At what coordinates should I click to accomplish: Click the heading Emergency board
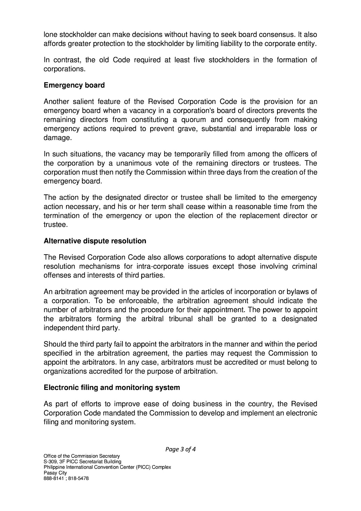(74, 85)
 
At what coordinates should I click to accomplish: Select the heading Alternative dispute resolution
(95, 241)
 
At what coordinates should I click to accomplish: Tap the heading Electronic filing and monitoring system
(112, 387)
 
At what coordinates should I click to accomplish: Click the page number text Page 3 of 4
(180, 449)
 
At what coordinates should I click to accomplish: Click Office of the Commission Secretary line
(81, 456)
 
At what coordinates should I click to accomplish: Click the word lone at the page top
(49, 34)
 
